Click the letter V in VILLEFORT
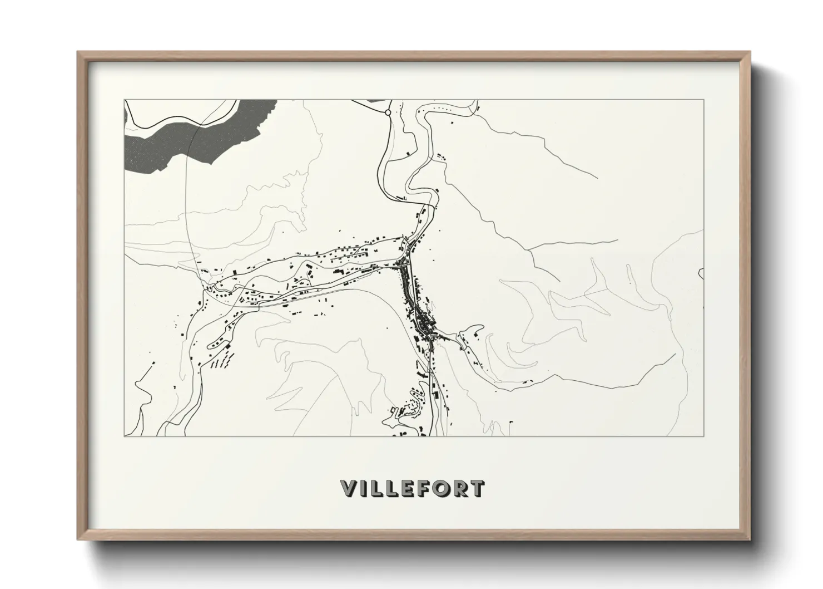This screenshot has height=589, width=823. coord(349,489)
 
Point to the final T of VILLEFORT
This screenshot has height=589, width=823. coord(476,489)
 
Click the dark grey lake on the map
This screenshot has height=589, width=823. coord(184,136)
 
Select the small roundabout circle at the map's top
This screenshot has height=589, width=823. coord(388,112)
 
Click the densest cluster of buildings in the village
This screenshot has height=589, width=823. coord(424,323)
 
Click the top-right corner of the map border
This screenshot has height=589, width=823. coord(704,100)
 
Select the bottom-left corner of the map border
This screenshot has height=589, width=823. coord(125,436)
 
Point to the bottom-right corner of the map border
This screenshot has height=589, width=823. coord(704,436)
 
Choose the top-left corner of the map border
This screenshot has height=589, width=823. coord(125,100)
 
